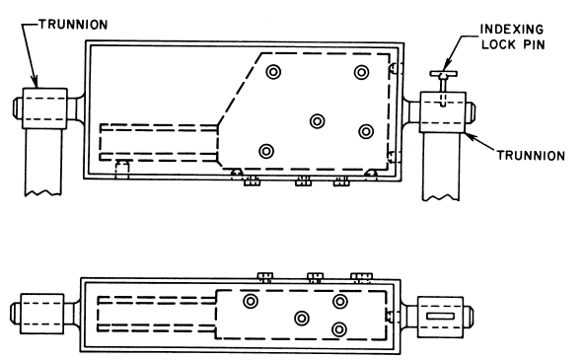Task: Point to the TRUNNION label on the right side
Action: [532, 154]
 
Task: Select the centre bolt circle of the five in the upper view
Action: [317, 120]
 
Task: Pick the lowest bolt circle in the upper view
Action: [265, 151]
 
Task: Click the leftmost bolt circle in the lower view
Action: [252, 301]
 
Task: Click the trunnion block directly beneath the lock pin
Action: [442, 112]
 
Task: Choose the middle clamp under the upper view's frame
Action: [302, 180]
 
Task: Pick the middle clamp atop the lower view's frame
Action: [316, 275]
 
